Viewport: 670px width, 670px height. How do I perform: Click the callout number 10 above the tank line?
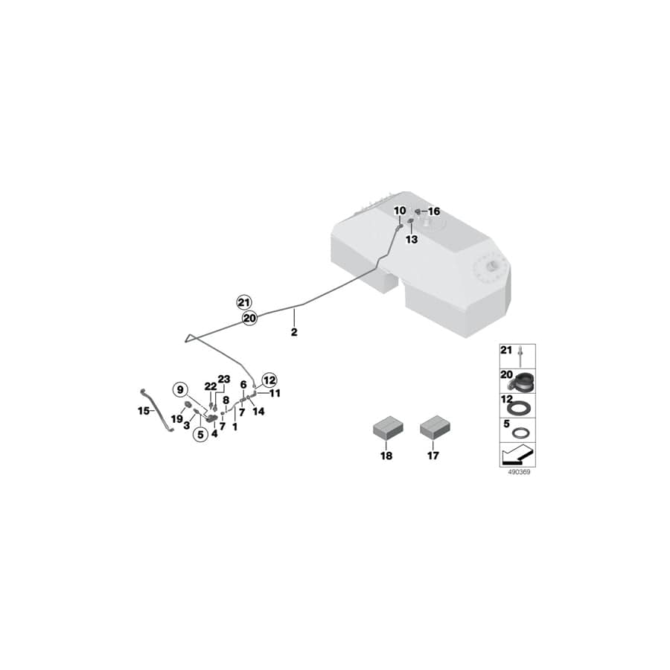coord(400,211)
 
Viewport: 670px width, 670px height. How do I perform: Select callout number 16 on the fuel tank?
coord(433,211)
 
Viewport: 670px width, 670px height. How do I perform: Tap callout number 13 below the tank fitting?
coord(412,240)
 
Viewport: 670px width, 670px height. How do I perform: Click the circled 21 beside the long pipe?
coord(244,301)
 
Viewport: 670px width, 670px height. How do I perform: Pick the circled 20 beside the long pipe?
coord(249,318)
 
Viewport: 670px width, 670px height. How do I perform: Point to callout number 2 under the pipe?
coord(294,332)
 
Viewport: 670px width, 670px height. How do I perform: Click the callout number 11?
coord(275,392)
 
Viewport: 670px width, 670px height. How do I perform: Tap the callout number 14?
coord(258,411)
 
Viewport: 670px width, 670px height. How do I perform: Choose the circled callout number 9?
coord(179,389)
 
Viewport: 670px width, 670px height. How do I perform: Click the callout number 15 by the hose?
coord(144,410)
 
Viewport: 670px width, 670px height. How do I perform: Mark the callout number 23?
coord(224,379)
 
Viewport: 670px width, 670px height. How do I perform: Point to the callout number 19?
coord(176,418)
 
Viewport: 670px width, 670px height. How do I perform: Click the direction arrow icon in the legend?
coord(517,452)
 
